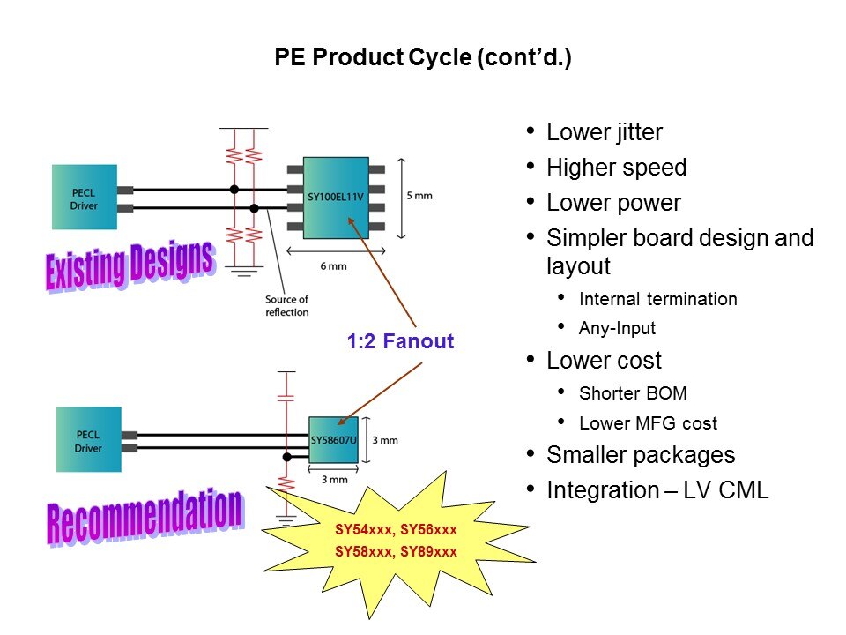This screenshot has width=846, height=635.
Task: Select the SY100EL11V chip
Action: (x=336, y=198)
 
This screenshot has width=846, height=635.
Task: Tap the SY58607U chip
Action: (x=334, y=438)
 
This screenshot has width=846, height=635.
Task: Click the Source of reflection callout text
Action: (x=286, y=306)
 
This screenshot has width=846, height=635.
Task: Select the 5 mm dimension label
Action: (x=419, y=196)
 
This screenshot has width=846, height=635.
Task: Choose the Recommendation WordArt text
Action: (x=143, y=514)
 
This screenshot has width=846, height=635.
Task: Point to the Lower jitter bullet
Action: (x=604, y=133)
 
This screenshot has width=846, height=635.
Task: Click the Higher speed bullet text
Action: (x=616, y=168)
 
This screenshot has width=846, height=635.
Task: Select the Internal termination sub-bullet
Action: (x=657, y=299)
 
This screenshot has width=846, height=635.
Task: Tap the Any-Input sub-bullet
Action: (x=617, y=329)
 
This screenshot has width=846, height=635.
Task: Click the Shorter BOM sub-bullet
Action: (x=632, y=392)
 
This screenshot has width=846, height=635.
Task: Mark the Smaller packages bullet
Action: (x=641, y=455)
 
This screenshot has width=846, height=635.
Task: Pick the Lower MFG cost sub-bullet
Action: (x=648, y=423)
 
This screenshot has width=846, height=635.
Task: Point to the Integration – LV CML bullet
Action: (x=657, y=490)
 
